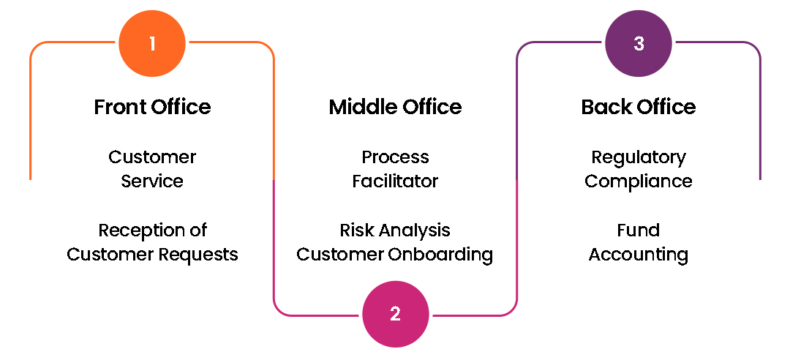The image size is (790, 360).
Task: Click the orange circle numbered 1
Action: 152,44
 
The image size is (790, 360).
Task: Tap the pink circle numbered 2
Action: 395,315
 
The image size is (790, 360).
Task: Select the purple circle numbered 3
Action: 639,44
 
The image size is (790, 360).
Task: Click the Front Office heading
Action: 152,107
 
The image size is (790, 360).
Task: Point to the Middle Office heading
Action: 395,107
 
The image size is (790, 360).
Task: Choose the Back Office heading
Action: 639,107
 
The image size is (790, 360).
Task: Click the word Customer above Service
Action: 152,157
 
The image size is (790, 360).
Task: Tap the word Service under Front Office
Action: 152,181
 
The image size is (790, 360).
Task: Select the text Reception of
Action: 152,230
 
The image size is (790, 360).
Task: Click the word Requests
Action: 200,255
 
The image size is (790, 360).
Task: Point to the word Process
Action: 395,157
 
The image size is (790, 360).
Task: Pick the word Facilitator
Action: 395,181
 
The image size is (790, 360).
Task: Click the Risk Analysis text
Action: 395,230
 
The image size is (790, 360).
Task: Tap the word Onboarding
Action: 446,255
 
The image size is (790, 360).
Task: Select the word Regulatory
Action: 639,157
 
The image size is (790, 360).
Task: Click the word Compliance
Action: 639,181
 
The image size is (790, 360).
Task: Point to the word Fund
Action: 639,230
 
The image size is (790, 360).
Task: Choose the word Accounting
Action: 639,255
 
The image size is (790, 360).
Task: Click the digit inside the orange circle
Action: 152,44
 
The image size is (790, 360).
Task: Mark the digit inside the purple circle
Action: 639,44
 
